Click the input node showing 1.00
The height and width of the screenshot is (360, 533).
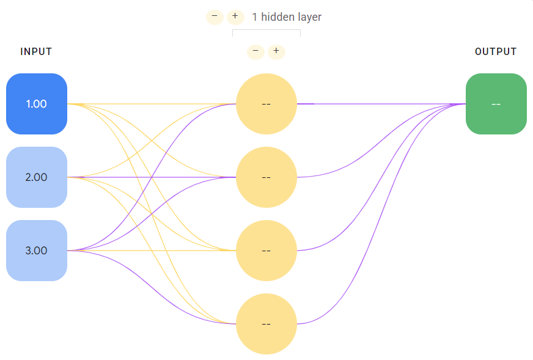pos(37,104)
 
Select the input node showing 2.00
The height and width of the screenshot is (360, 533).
pos(37,177)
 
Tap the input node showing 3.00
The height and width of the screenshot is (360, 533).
pos(37,251)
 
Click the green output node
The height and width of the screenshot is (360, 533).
pos(496,104)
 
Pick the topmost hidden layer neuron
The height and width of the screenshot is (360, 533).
pos(266,104)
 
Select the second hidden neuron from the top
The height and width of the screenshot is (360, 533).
pos(266,177)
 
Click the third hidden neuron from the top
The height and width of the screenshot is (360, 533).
pos(266,251)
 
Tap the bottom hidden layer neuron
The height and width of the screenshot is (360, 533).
pos(266,324)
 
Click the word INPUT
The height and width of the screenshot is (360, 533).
pos(36,51)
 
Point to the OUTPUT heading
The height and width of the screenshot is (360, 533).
pos(496,51)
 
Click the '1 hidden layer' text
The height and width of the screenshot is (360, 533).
pos(287,17)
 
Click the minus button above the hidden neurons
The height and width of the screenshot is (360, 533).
pos(255,52)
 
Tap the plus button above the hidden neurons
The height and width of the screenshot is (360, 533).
pos(276,52)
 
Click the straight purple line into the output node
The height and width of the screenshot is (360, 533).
pos(381,104)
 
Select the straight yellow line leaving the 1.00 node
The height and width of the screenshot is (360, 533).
pos(152,104)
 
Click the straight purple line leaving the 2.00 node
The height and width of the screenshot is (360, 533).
pos(152,177)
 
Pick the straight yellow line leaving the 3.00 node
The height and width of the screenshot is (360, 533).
pos(152,251)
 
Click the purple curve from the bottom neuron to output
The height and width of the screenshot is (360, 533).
pos(381,214)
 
